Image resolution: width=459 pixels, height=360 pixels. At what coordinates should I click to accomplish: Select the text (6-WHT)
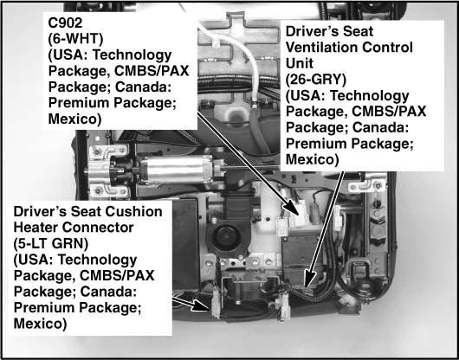pos(76,39)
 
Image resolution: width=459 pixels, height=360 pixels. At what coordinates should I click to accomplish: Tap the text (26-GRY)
pos(316,80)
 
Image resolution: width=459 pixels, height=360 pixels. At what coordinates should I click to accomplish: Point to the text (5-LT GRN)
pos(51,244)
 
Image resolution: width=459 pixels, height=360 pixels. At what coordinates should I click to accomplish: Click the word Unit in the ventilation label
pos(300,63)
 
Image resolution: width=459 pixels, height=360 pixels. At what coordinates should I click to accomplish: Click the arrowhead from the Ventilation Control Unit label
pos(309,278)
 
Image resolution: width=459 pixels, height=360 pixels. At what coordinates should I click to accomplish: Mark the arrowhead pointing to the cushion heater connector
pos(201,305)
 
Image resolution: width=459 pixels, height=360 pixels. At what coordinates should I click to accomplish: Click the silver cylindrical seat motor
pos(176,170)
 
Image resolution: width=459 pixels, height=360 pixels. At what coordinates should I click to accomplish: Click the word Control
pos(388,48)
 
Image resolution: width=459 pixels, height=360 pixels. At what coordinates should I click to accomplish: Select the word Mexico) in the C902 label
pos(74,119)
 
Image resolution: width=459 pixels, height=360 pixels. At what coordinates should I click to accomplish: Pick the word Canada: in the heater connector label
pos(109,292)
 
